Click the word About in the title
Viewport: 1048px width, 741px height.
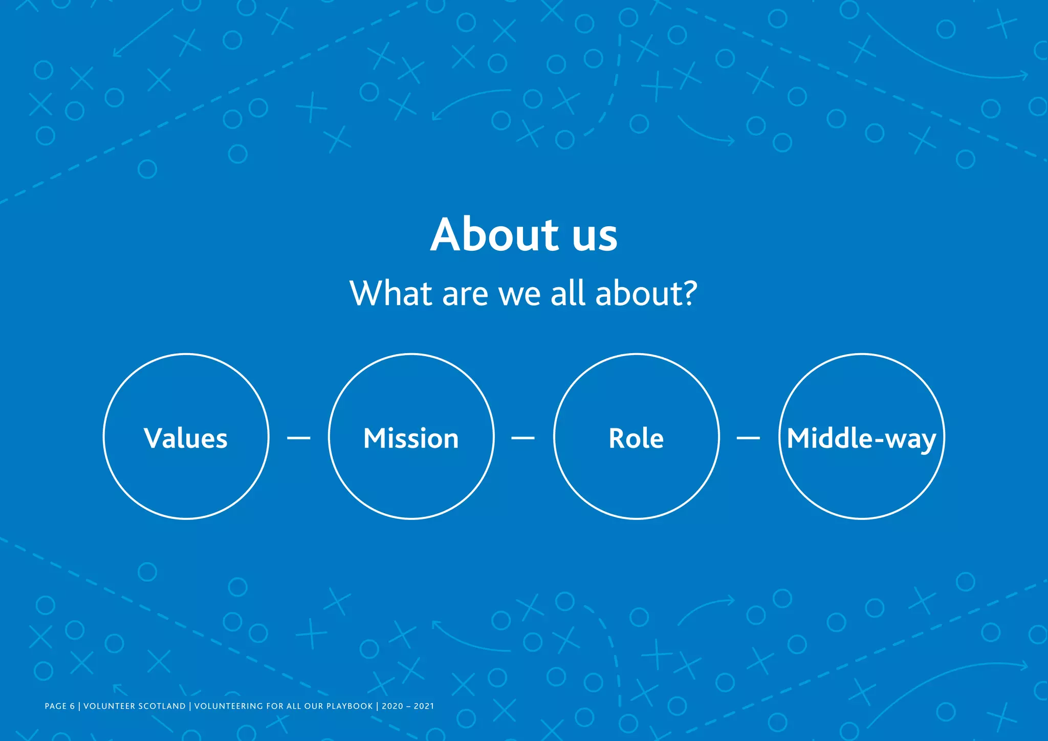coord(494,235)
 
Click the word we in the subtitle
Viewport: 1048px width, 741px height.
coord(519,295)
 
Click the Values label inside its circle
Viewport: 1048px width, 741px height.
coord(186,439)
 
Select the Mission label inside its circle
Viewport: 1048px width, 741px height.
coord(411,439)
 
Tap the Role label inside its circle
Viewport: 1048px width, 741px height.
coord(636,439)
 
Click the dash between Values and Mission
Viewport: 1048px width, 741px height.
coord(299,438)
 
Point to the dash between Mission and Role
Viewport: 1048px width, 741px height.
coord(523,438)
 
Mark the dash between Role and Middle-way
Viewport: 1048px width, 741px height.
coord(748,438)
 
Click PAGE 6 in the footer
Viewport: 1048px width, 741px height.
coord(59,706)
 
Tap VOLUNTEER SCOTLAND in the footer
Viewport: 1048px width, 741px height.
coord(135,706)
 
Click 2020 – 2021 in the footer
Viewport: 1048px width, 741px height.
coord(408,706)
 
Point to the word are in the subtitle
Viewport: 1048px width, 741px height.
coord(465,295)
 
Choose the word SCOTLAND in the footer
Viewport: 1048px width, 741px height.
coord(162,706)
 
